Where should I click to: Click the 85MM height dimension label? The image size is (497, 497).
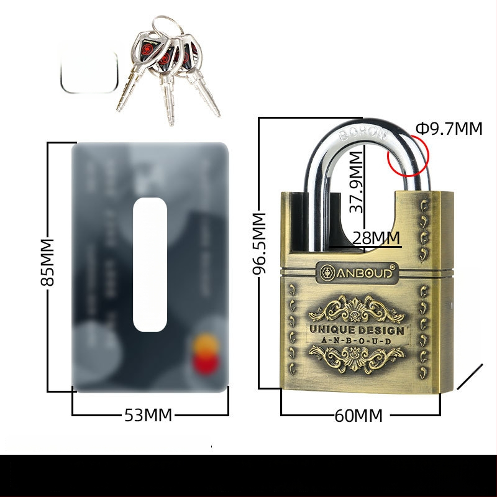coord(47,262)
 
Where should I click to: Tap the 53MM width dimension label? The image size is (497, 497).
coord(148,415)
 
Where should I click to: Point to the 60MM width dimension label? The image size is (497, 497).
coord(359,416)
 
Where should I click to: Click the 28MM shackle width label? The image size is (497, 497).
coord(375,238)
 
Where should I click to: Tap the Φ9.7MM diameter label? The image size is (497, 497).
coord(449,129)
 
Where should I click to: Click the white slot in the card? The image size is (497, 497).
coord(150,264)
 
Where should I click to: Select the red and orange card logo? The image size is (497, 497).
coord(202,354)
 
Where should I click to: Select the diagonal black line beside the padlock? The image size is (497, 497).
coord(470,377)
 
